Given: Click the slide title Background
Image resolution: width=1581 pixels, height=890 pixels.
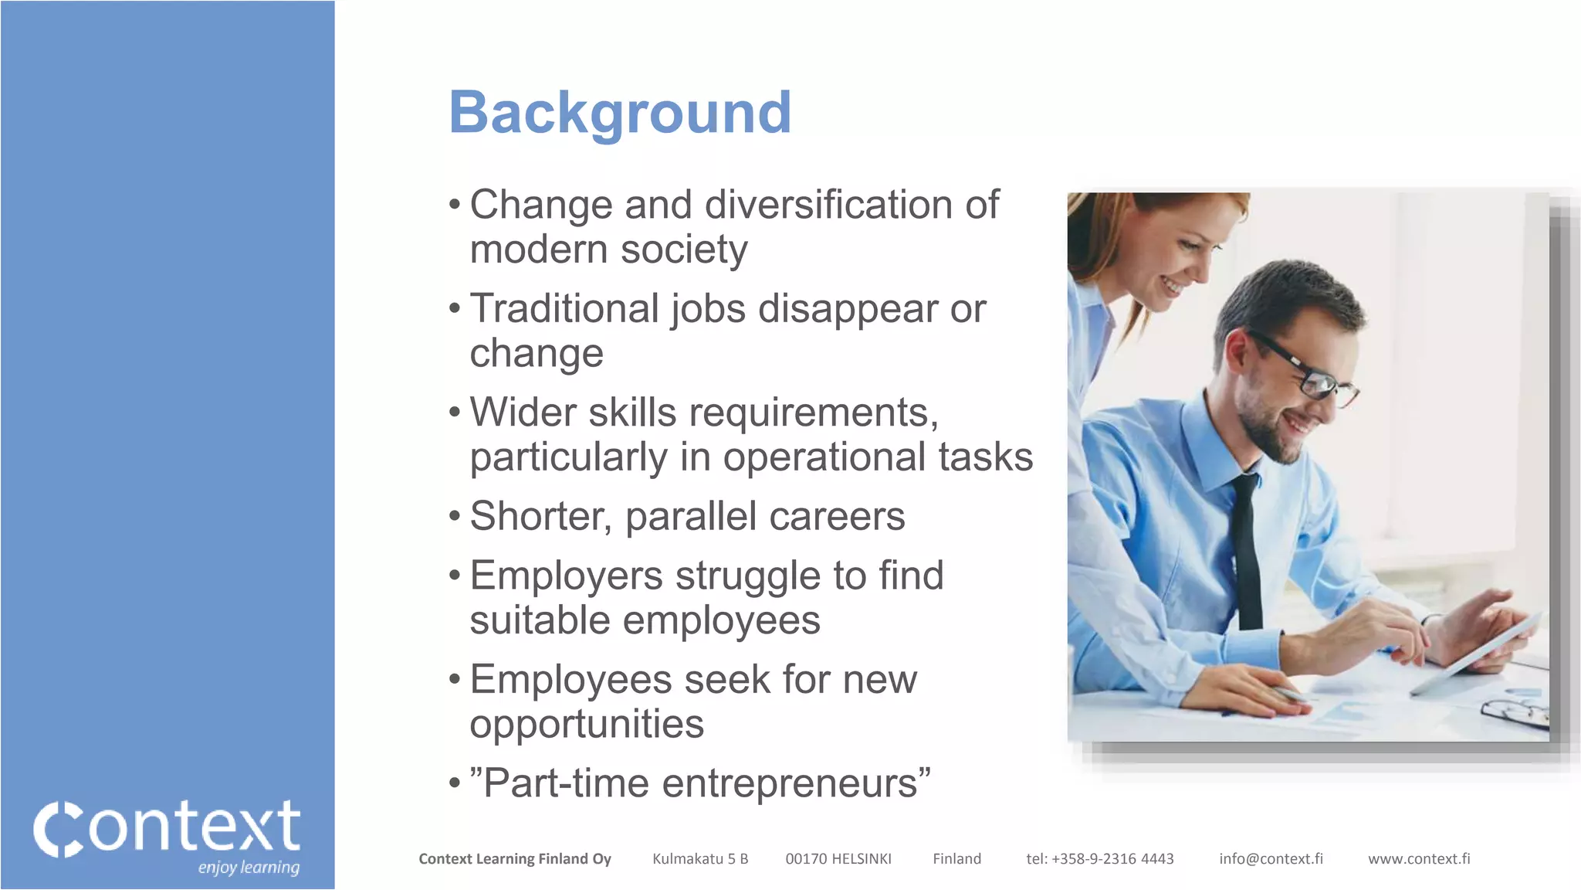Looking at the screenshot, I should coord(620,113).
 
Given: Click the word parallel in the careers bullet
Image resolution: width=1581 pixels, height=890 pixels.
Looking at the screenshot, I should coord(690,517).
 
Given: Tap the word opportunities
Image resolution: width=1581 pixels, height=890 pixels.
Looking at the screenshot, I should coord(587,725).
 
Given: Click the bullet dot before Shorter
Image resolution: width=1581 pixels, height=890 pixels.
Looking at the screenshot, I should coord(455,515).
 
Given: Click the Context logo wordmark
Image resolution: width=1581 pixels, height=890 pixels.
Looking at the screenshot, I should coord(167,827).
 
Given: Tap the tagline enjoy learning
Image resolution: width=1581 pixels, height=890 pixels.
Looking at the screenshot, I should coord(249,868).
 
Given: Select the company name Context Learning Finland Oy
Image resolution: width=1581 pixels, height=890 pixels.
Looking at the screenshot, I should coord(515,859).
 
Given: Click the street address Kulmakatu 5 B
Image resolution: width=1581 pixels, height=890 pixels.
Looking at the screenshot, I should coord(700,859).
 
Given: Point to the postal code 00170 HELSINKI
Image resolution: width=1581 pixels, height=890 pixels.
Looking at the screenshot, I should coord(838,859).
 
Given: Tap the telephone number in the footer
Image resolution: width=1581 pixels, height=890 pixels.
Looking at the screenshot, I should coord(1100,859).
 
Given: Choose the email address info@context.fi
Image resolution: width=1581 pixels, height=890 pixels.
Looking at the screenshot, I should coord(1271,859).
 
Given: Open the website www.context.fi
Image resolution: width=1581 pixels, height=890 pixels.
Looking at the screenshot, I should coord(1419,859).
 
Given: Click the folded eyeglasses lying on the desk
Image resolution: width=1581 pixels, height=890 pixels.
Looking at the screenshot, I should coord(1515,712).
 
